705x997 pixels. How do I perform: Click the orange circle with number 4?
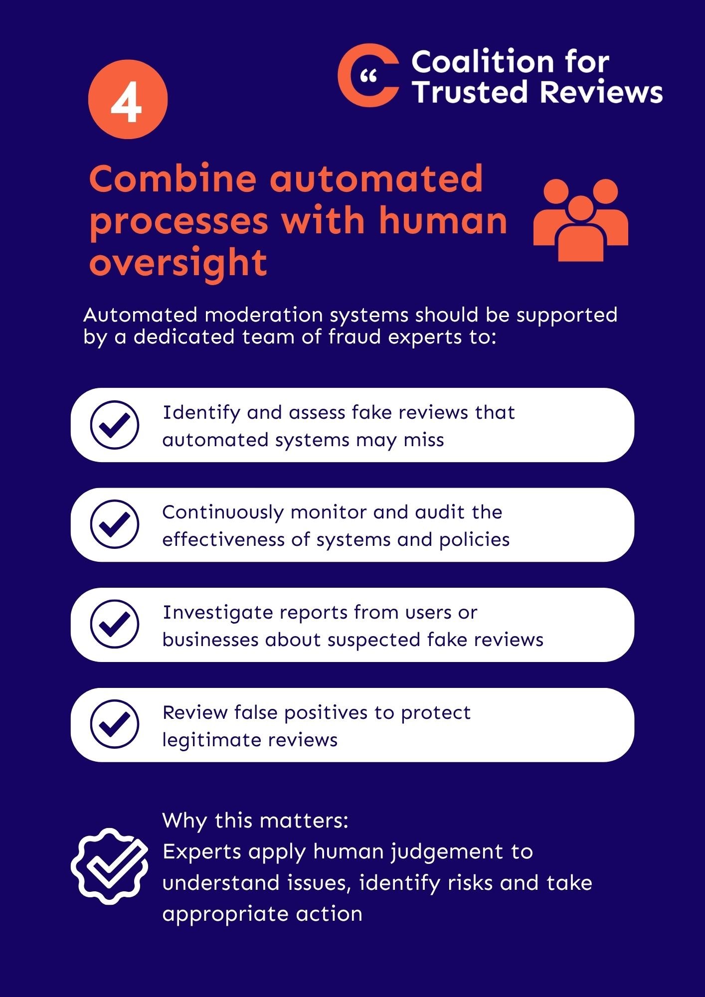click(x=128, y=99)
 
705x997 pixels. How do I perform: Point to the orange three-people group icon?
click(x=581, y=220)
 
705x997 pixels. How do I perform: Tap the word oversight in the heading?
click(x=178, y=264)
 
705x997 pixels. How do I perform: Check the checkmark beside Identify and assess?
click(x=115, y=425)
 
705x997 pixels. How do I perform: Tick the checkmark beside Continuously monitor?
click(x=115, y=524)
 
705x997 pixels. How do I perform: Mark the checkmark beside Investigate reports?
click(x=115, y=624)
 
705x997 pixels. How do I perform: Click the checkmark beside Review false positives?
click(x=115, y=724)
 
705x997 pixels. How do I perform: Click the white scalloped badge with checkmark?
click(x=110, y=866)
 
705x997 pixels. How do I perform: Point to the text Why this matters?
click(x=255, y=821)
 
